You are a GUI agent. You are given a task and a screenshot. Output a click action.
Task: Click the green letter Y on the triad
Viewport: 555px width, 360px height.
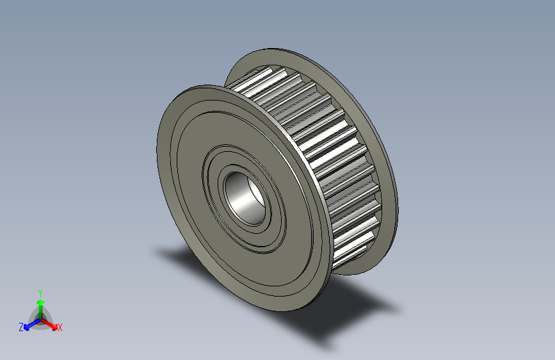[x=40, y=291]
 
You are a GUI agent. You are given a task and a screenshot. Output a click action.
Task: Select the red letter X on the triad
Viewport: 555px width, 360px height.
[x=60, y=328]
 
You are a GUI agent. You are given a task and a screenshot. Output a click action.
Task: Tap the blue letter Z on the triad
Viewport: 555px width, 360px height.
[x=21, y=327]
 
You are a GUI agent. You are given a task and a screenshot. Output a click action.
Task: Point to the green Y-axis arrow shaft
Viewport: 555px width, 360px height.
[x=40, y=306]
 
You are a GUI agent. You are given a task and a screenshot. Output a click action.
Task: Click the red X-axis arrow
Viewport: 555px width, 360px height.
[x=51, y=322]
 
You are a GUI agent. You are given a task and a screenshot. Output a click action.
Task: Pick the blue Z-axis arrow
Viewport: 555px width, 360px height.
[x=29, y=323]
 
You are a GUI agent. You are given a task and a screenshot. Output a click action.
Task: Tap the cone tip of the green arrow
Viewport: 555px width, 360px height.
[x=40, y=298]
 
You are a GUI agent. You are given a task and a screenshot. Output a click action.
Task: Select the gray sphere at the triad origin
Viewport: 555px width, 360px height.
[x=40, y=316]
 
